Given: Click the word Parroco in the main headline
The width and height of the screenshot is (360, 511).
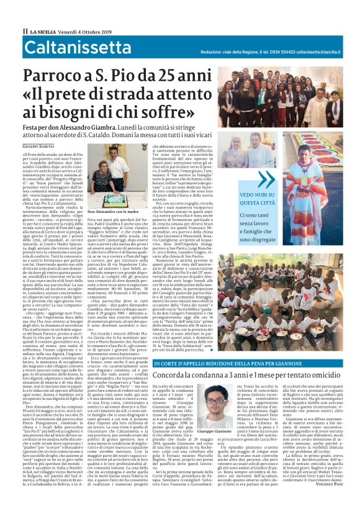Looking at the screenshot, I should (54, 76).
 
